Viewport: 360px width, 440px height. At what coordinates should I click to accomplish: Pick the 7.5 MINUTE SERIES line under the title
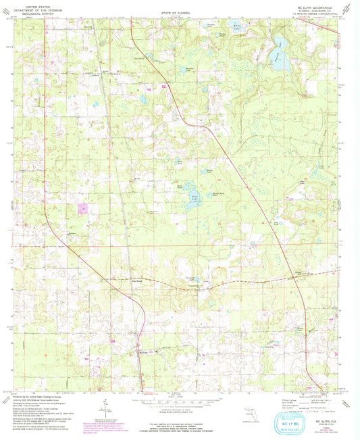click(x=315, y=18)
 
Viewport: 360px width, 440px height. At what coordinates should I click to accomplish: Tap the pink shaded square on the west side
click(x=84, y=209)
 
